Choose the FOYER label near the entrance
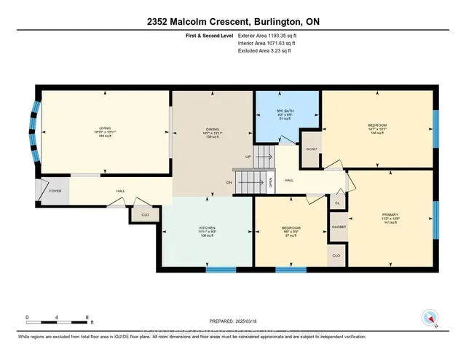pyautogui.click(x=55, y=192)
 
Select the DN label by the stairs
pyautogui.click(x=229, y=182)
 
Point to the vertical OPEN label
pyautogui.click(x=271, y=182)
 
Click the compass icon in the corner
pyautogui.click(x=430, y=318)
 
